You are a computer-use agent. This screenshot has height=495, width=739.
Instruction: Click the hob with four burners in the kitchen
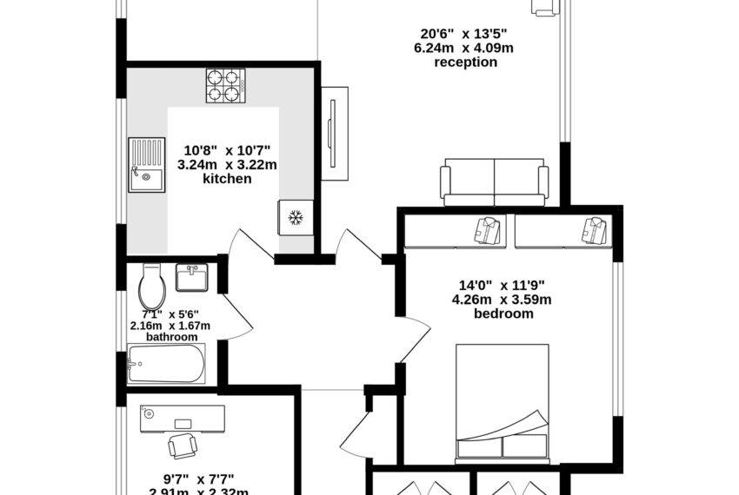coord(225,87)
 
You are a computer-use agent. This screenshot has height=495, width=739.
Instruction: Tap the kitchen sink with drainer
coord(146,166)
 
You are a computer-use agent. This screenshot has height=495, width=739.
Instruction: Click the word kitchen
coord(227,179)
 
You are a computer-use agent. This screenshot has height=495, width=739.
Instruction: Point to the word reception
coord(466,63)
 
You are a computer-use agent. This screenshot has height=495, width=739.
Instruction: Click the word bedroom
coord(503,313)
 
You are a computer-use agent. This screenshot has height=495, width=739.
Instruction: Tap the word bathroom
coord(171,336)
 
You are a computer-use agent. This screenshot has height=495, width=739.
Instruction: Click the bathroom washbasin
coord(191,278)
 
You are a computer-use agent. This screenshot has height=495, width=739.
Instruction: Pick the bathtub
coord(166,364)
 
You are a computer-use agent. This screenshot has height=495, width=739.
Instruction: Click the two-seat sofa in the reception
coord(494,182)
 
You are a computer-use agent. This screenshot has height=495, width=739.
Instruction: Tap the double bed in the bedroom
coord(503,401)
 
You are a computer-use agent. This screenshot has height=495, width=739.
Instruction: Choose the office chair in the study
coord(182,445)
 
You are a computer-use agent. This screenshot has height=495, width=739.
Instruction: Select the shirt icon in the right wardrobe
coord(596,230)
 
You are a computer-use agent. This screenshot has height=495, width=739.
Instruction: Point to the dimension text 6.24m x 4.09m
coord(463,49)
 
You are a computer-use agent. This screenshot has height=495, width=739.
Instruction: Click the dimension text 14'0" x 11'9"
coord(503,285)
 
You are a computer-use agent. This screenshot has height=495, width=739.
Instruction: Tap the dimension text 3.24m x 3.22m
coord(226,163)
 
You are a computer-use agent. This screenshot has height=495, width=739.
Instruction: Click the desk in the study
coord(182,418)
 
